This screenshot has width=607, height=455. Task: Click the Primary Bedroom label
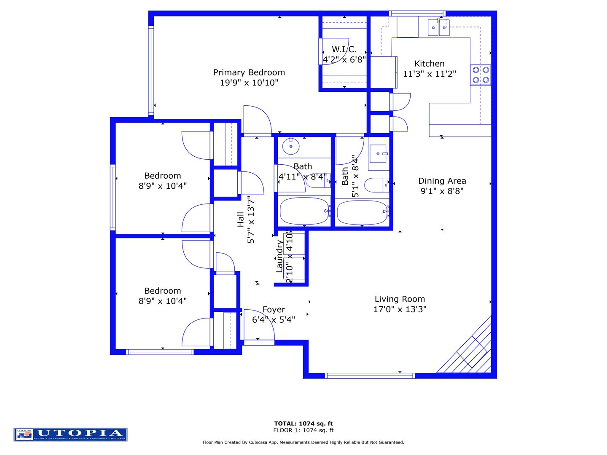(249, 72)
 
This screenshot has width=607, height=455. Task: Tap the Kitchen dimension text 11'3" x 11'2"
(429, 74)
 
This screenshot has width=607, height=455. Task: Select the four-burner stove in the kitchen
(481, 75)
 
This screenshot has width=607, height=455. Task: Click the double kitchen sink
(438, 28)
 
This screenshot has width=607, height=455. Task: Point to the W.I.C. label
(344, 49)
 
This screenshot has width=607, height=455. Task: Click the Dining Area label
(442, 181)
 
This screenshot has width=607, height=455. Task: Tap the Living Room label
(400, 299)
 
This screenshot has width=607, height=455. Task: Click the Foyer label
(274, 310)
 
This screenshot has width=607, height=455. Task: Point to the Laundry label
(279, 257)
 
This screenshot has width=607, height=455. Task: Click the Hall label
(241, 219)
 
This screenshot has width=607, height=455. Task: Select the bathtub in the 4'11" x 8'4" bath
(304, 211)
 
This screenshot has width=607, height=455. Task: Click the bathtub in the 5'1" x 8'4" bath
(362, 212)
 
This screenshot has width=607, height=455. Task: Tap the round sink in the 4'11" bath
(290, 146)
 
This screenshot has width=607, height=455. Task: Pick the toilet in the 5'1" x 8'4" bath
(376, 185)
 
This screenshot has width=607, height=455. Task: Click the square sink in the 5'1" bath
(378, 154)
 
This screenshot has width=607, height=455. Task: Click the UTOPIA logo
(70, 434)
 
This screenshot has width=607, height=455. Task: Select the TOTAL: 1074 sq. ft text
(303, 423)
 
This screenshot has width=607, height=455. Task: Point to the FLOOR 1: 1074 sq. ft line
(303, 430)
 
